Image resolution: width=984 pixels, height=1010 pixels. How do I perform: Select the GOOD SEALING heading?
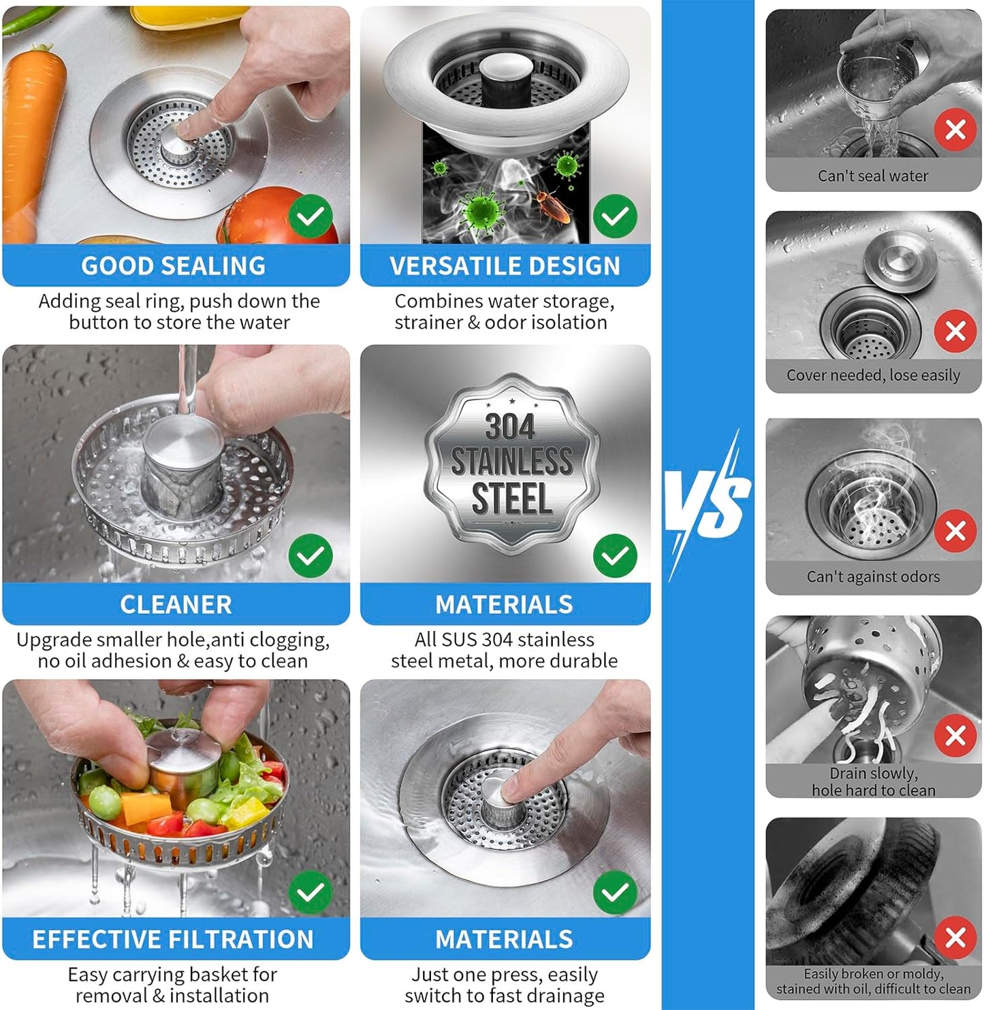pos(174,265)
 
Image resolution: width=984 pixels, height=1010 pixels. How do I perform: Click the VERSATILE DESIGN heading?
pos(505,265)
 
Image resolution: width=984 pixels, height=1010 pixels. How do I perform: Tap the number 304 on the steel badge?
pos(510,427)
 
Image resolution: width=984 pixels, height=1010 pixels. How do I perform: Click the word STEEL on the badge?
pos(511,499)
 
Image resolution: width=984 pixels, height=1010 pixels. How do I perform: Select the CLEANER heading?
pos(176,604)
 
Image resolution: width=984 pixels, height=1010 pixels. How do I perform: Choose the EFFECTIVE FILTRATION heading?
pos(173,939)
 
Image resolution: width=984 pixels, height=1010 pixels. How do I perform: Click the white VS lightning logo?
pos(708,504)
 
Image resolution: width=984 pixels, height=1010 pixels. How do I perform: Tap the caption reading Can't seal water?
pos(872,176)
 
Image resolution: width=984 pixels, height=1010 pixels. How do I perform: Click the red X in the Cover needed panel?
pos(955,331)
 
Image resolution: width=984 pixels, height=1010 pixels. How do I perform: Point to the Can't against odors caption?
pos(872,576)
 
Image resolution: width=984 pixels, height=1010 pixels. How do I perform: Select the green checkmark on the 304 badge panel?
pos(615,555)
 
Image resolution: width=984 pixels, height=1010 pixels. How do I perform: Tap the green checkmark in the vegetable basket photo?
pos(311,892)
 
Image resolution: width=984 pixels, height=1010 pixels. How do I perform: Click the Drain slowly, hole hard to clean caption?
pos(873,782)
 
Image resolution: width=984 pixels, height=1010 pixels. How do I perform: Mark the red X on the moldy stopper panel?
pos(955,938)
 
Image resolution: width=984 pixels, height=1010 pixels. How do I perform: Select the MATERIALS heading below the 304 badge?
pos(504,604)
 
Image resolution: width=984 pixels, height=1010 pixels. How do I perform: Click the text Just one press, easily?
pos(504,975)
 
